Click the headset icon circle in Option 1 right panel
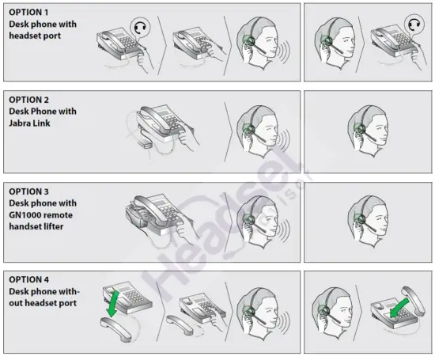tap(413, 25)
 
